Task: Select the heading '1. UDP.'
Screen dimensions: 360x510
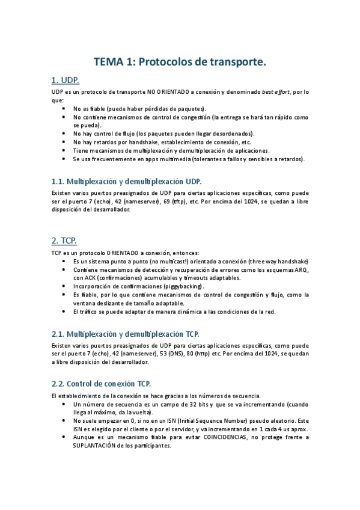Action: point(66,80)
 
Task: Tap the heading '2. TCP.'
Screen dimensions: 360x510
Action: point(64,240)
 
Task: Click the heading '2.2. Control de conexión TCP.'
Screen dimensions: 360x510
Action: point(102,383)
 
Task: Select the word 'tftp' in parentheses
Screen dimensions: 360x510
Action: point(178,202)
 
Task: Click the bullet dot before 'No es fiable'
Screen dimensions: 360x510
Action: point(64,108)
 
